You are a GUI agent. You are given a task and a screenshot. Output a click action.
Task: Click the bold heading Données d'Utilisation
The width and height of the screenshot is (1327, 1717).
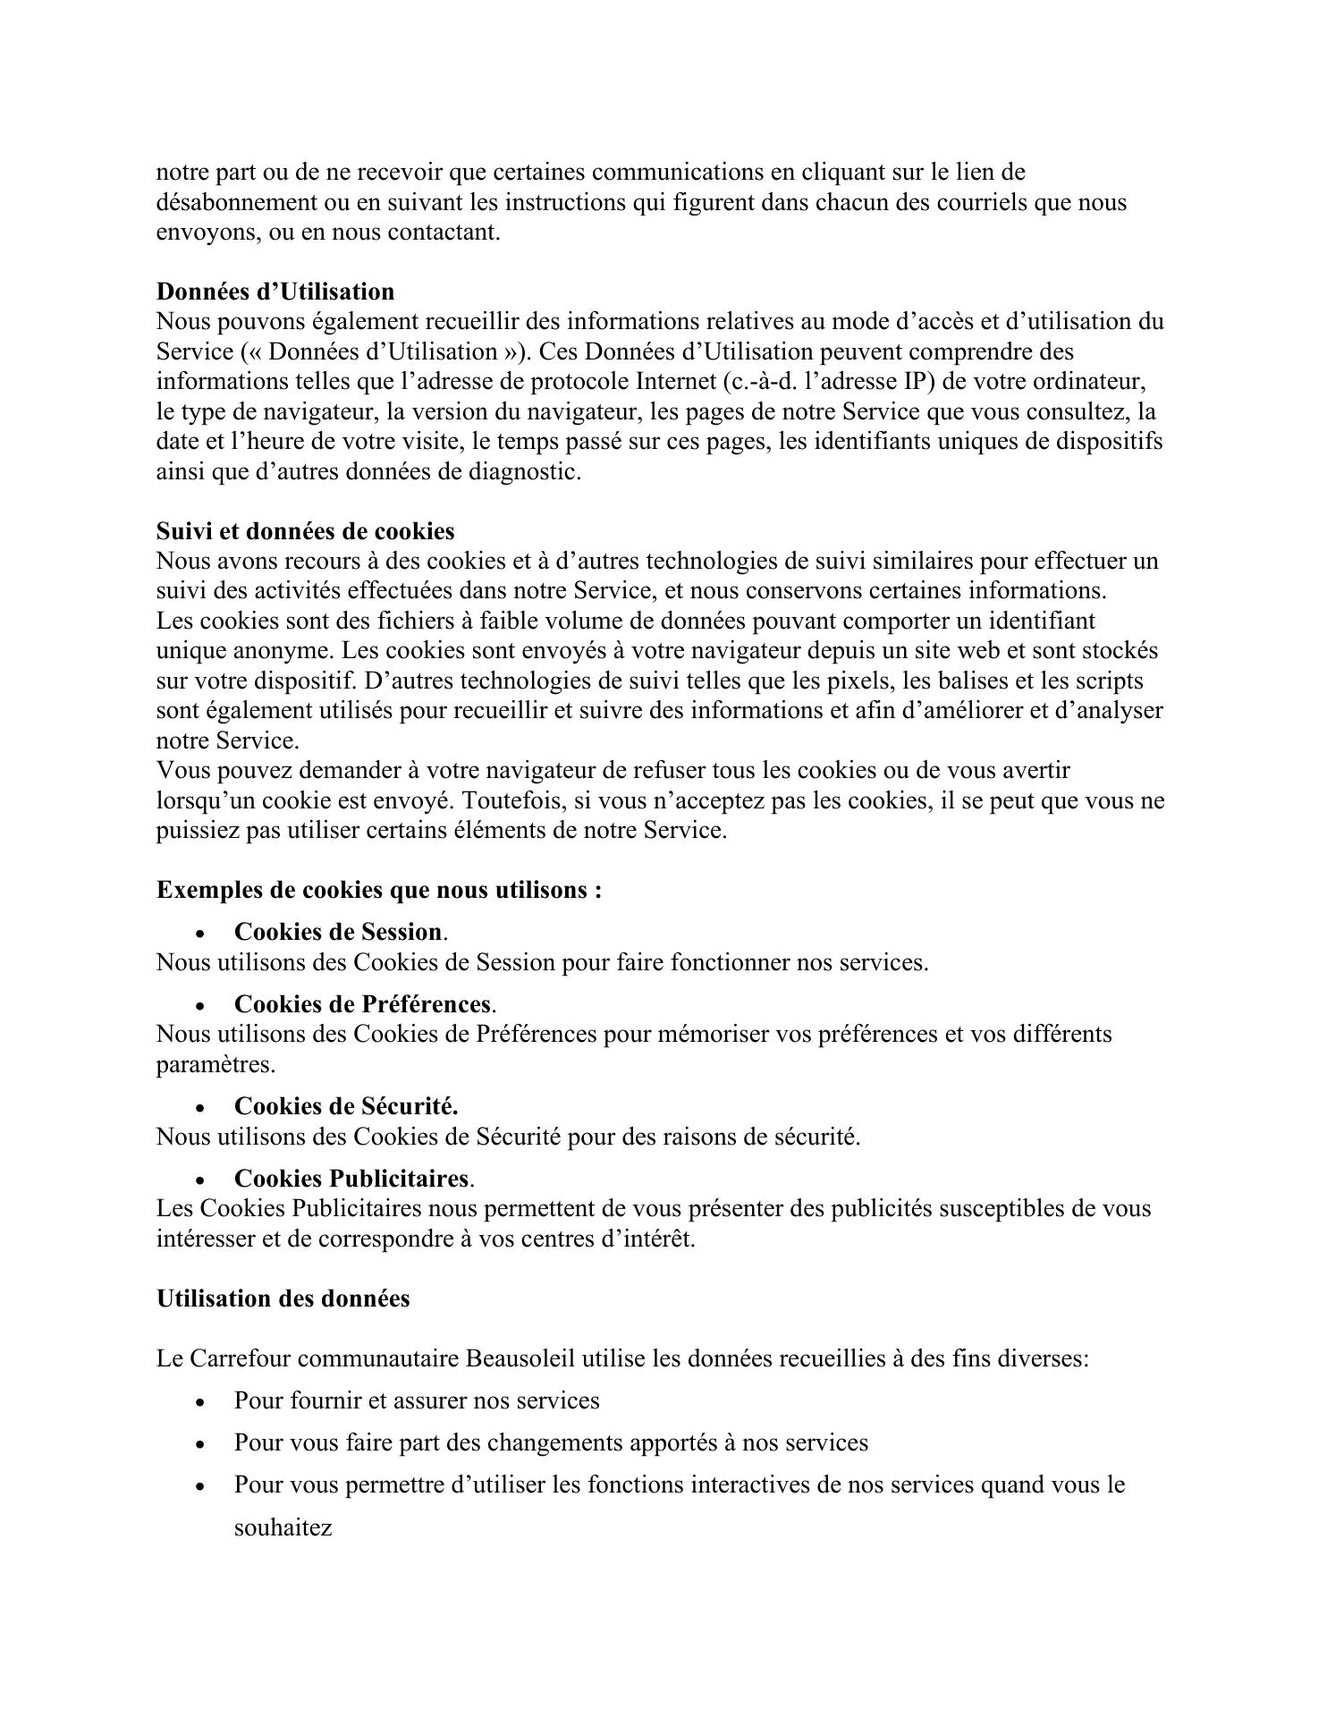(275, 292)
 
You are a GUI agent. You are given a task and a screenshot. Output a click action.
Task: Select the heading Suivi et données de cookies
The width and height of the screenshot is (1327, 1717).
(305, 531)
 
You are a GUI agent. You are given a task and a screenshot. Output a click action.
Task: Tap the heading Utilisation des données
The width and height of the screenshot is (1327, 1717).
(283, 1298)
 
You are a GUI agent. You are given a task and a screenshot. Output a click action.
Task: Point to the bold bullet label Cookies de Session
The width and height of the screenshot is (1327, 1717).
(338, 932)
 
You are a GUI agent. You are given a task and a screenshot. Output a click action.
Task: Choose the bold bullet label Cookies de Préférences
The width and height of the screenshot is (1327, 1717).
(362, 1004)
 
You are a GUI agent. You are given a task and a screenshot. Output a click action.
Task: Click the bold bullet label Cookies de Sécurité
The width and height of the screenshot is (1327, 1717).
(346, 1106)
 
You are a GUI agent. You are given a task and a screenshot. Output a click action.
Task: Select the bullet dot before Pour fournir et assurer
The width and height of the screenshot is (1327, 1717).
(200, 1402)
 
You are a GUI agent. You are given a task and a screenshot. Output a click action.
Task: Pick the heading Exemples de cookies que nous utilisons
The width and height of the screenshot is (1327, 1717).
(378, 890)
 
